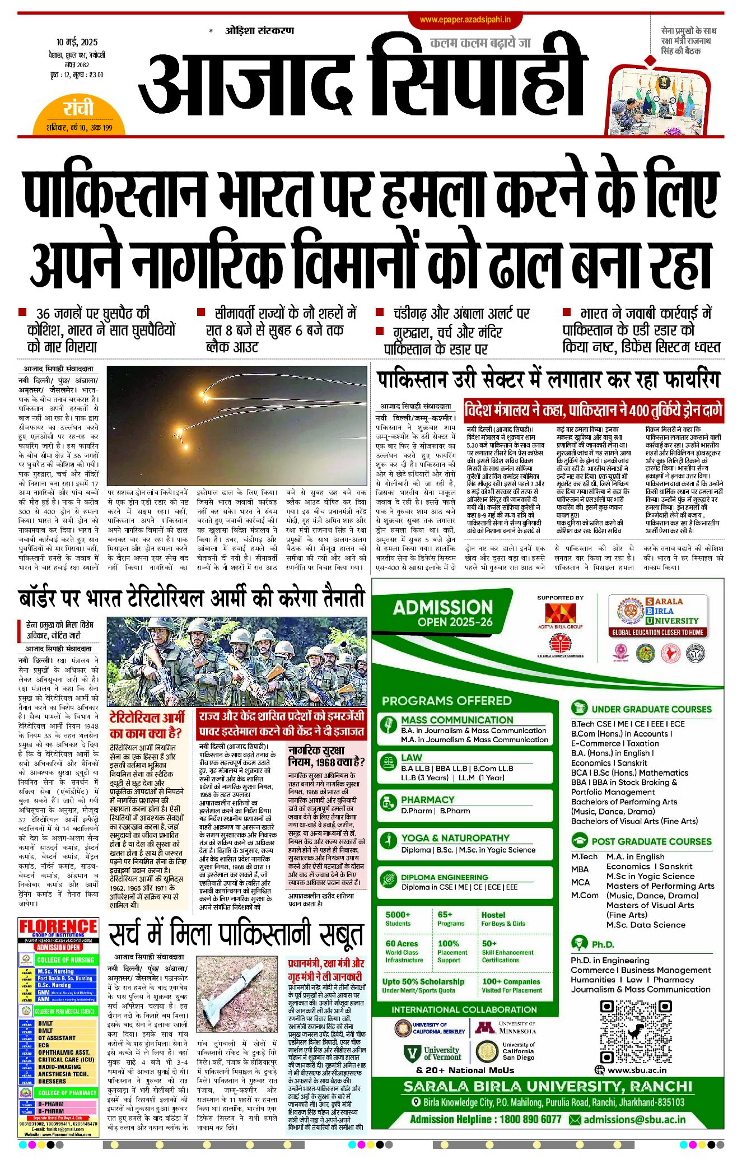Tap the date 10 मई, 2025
coord(77,42)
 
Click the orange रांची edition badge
coord(78,110)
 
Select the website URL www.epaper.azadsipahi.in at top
coord(465,20)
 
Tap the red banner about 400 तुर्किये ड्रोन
coord(593,410)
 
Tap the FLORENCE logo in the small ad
coord(58,927)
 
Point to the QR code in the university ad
coord(636,1032)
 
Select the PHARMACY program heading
coord(427,799)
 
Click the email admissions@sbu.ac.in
coord(634,1119)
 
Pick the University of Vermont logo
coord(433,1053)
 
